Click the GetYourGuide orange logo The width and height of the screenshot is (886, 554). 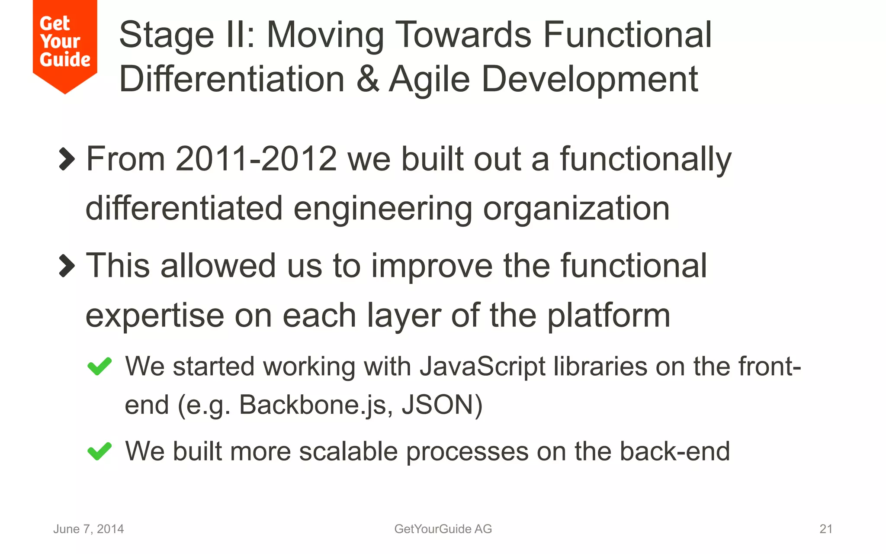tap(65, 43)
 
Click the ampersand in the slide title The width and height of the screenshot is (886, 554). tap(367, 79)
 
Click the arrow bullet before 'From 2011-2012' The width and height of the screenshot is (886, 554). tap(67, 159)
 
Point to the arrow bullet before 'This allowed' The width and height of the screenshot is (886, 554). tap(67, 265)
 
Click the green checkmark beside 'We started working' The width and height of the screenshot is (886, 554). tap(100, 367)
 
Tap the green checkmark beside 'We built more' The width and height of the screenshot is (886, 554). tap(100, 451)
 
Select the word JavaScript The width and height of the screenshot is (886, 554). tap(482, 367)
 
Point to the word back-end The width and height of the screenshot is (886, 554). tap(674, 451)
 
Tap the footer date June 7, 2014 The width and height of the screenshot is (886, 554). tap(88, 529)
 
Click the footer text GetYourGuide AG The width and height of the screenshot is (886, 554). tap(443, 529)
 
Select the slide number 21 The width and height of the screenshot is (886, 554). tap(826, 529)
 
